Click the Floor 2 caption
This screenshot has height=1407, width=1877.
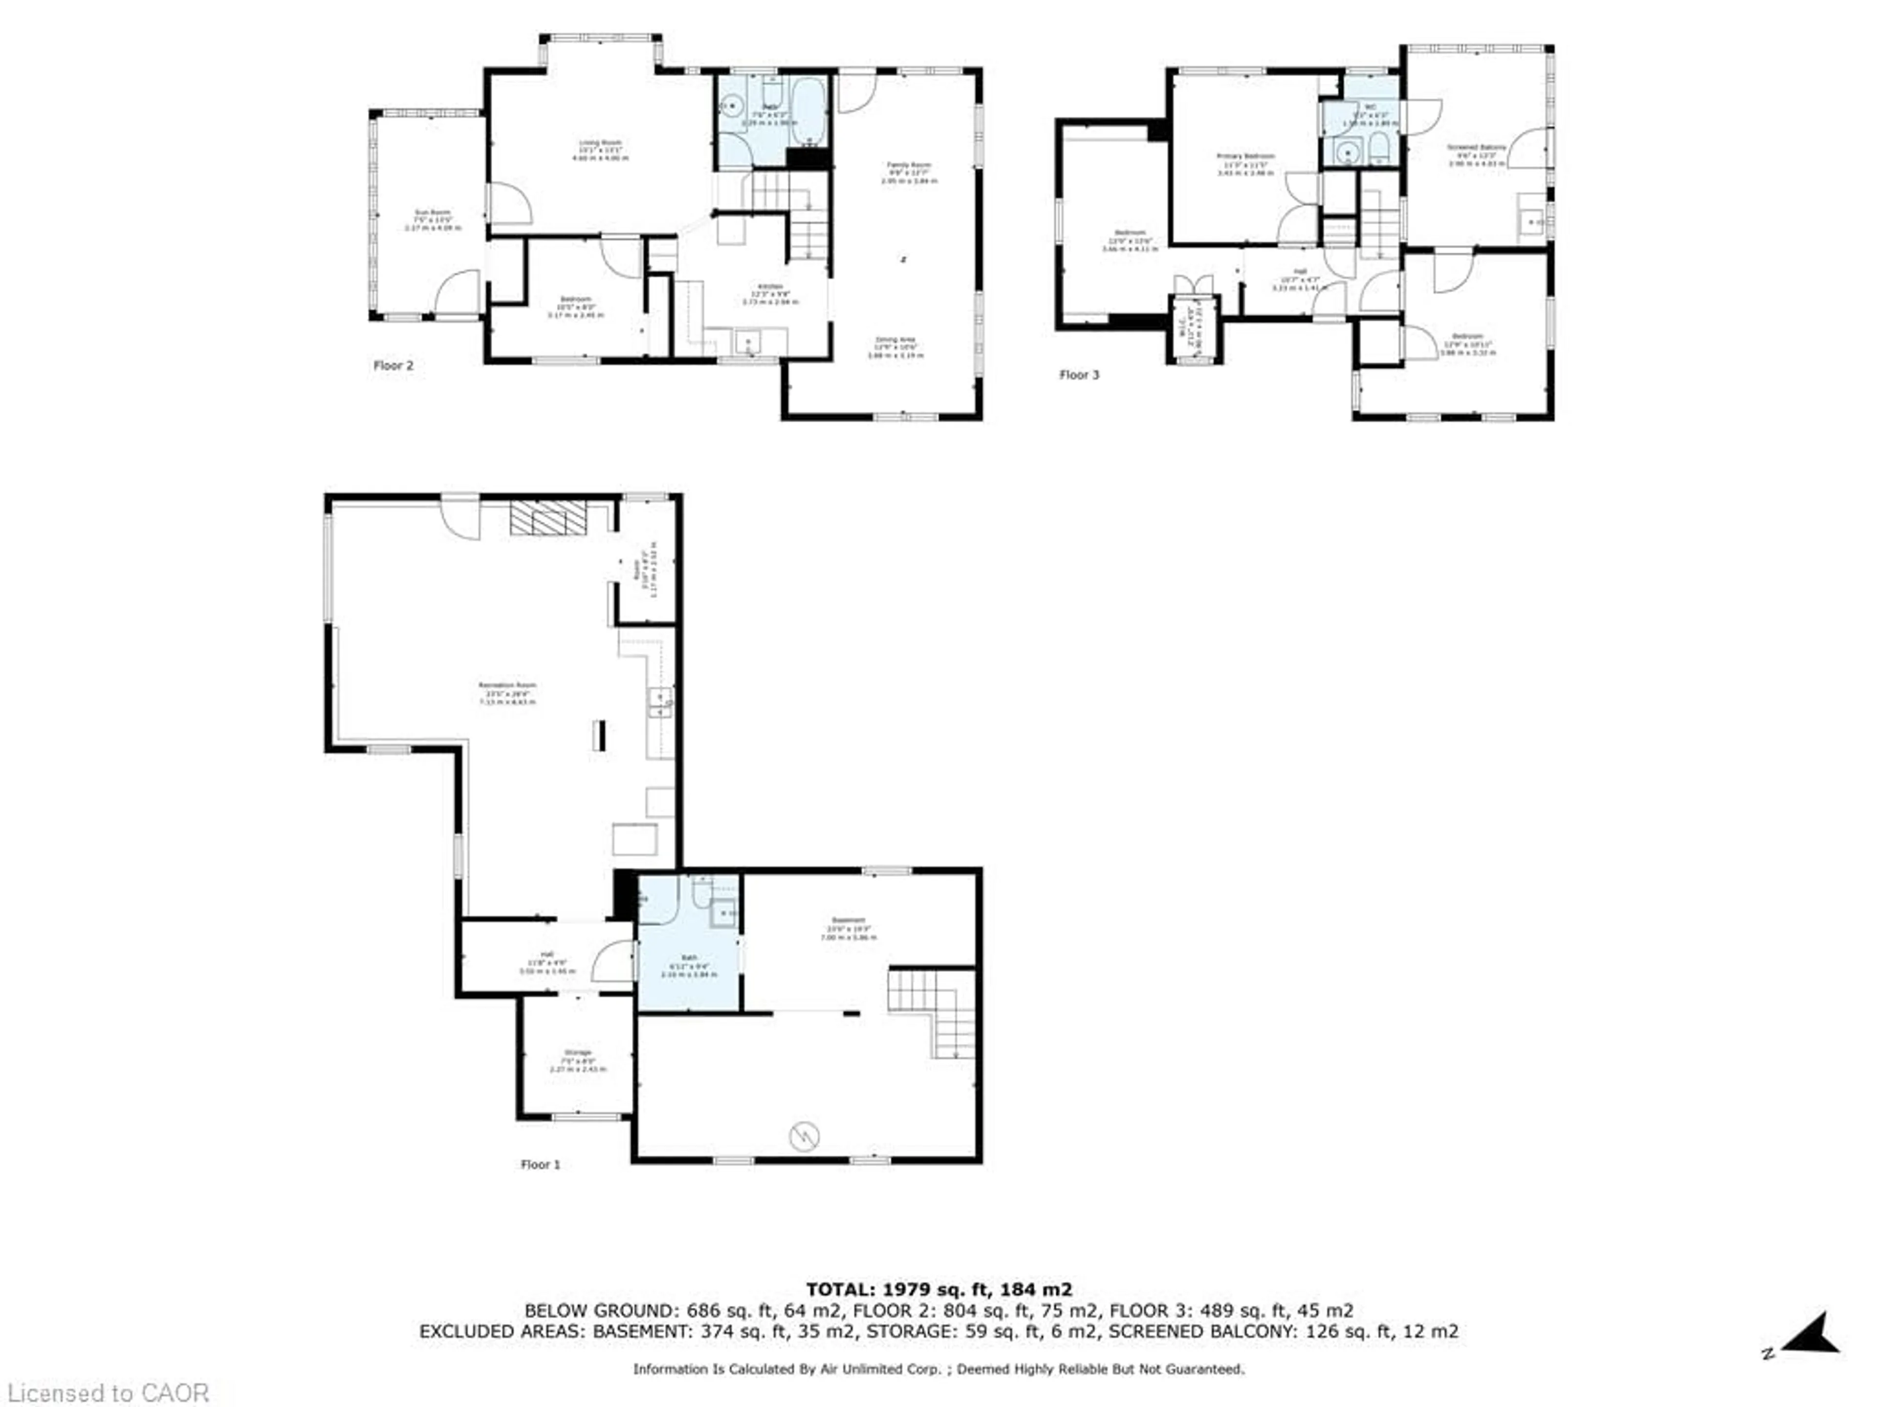tap(393, 365)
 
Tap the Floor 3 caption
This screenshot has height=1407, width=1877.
tap(1078, 375)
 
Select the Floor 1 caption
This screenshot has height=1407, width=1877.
tap(540, 1165)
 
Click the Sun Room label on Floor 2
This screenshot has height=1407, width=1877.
tap(433, 217)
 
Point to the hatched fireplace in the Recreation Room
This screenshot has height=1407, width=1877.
tap(548, 517)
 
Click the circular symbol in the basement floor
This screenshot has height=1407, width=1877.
tap(804, 1135)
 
